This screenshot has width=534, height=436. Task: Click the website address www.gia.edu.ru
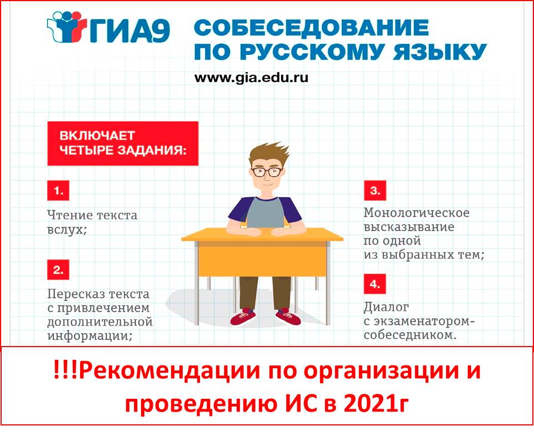click(251, 78)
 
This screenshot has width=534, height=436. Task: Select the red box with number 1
click(58, 192)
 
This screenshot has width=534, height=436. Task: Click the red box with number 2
click(58, 270)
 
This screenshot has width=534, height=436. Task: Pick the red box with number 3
click(375, 191)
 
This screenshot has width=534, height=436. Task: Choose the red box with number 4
click(375, 284)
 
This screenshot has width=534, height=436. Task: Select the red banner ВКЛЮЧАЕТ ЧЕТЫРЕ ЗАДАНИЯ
click(122, 143)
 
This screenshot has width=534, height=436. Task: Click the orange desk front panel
click(261, 259)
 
